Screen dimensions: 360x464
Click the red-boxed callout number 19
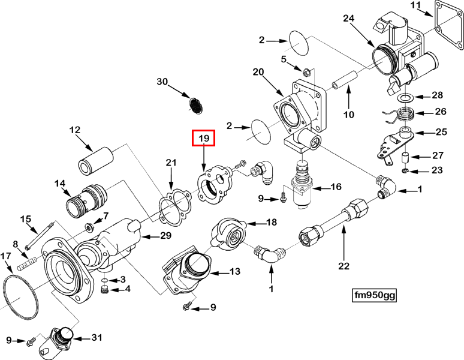click(204, 139)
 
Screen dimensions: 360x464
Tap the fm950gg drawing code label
click(374, 295)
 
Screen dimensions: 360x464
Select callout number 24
click(349, 19)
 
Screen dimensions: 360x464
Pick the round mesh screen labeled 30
click(197, 105)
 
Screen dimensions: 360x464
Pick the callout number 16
click(336, 187)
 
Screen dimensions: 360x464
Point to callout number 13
click(234, 272)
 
